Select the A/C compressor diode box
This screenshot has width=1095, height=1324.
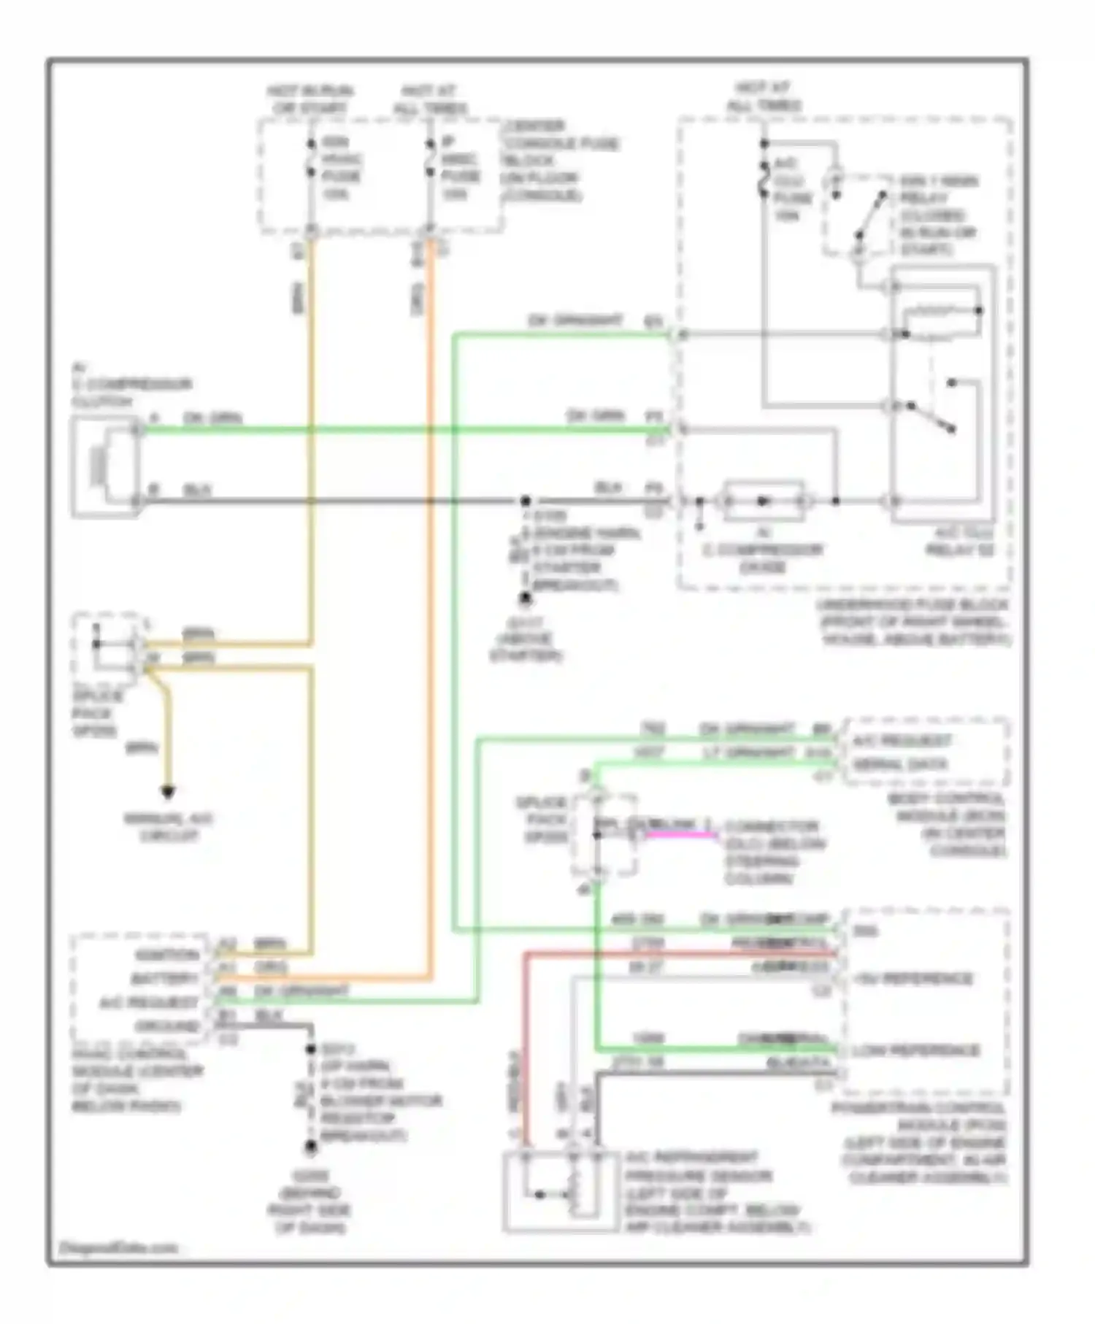(x=763, y=501)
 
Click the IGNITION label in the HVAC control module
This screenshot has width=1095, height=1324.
(x=167, y=955)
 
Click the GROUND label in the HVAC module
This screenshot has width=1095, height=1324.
(x=167, y=1026)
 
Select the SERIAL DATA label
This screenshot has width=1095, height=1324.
(x=900, y=765)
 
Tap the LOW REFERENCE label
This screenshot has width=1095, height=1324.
(x=916, y=1050)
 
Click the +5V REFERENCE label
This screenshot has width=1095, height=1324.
(x=912, y=979)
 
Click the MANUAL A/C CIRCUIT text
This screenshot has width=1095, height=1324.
(x=168, y=827)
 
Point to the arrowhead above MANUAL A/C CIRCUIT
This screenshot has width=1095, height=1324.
(x=168, y=792)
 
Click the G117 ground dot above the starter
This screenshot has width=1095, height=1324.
(x=525, y=599)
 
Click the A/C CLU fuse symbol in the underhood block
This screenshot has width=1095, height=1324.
(x=764, y=180)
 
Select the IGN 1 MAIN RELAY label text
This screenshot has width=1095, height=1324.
(x=939, y=190)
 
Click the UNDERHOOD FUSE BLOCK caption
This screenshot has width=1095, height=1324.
(x=912, y=622)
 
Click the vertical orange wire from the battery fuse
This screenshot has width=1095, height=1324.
(x=431, y=584)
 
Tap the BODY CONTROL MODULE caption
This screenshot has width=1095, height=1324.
(x=947, y=825)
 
